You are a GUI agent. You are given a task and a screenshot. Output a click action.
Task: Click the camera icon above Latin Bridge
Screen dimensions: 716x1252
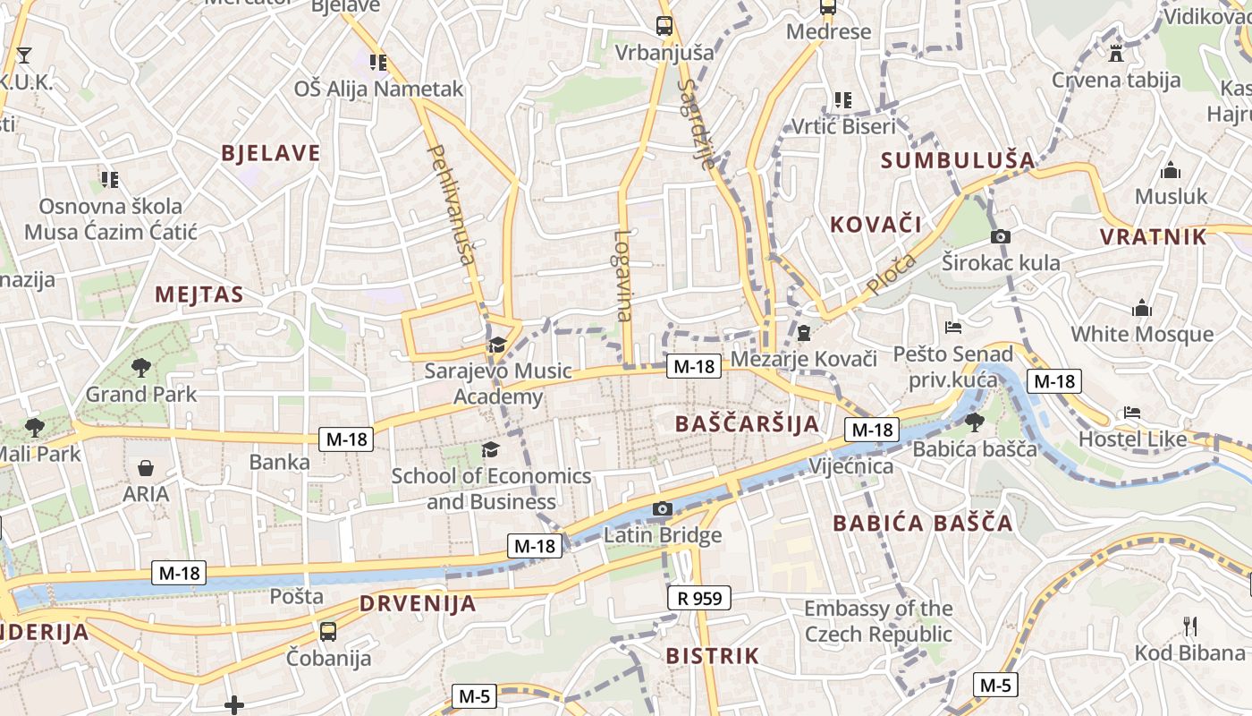point(662,509)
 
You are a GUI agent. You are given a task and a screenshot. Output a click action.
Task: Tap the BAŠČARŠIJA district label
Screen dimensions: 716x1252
point(747,423)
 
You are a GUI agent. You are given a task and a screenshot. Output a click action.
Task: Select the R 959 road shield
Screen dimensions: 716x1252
point(699,598)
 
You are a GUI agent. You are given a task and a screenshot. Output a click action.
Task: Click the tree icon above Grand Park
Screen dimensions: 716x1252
point(140,366)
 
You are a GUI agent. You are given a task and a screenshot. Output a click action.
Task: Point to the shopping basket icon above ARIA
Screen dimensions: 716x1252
point(145,468)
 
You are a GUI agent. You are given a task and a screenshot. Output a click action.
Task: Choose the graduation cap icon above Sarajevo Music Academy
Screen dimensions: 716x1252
point(497,345)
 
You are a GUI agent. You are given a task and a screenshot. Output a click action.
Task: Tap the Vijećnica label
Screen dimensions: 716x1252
point(850,466)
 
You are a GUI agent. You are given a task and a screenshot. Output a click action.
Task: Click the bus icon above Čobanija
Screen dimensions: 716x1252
point(328,632)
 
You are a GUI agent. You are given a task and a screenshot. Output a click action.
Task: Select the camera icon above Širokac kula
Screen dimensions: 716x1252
point(1001,236)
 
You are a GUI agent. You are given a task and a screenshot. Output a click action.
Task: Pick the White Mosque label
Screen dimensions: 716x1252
point(1142,334)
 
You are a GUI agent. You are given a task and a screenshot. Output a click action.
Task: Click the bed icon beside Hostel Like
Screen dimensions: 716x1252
point(1132,413)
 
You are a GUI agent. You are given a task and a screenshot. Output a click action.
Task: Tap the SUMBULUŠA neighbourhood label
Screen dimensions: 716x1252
point(958,160)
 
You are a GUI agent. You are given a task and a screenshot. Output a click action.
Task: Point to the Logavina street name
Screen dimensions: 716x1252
point(623,276)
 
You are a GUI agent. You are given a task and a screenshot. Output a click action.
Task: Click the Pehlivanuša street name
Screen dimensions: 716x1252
point(452,205)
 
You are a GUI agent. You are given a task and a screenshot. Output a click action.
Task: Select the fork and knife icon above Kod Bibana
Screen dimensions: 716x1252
point(1189,626)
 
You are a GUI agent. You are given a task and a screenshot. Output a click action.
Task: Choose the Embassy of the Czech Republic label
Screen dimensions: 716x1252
point(878,621)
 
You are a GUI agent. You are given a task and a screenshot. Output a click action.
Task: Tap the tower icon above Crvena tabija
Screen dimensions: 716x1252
point(1115,52)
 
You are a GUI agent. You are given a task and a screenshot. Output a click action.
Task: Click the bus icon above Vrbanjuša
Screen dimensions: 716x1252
point(664,26)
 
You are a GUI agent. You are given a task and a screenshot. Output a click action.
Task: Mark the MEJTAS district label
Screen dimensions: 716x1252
point(199,294)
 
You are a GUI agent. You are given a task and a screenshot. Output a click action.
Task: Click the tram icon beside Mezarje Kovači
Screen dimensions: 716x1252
point(803,333)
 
